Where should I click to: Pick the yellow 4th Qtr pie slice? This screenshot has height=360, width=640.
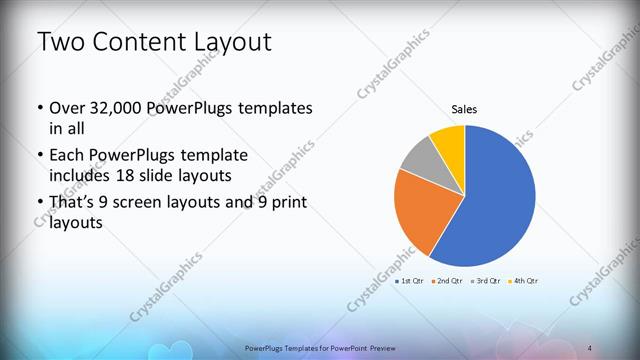click(449, 143)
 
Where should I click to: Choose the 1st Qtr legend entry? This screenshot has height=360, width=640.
click(410, 281)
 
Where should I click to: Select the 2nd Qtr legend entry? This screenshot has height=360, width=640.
click(447, 281)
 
